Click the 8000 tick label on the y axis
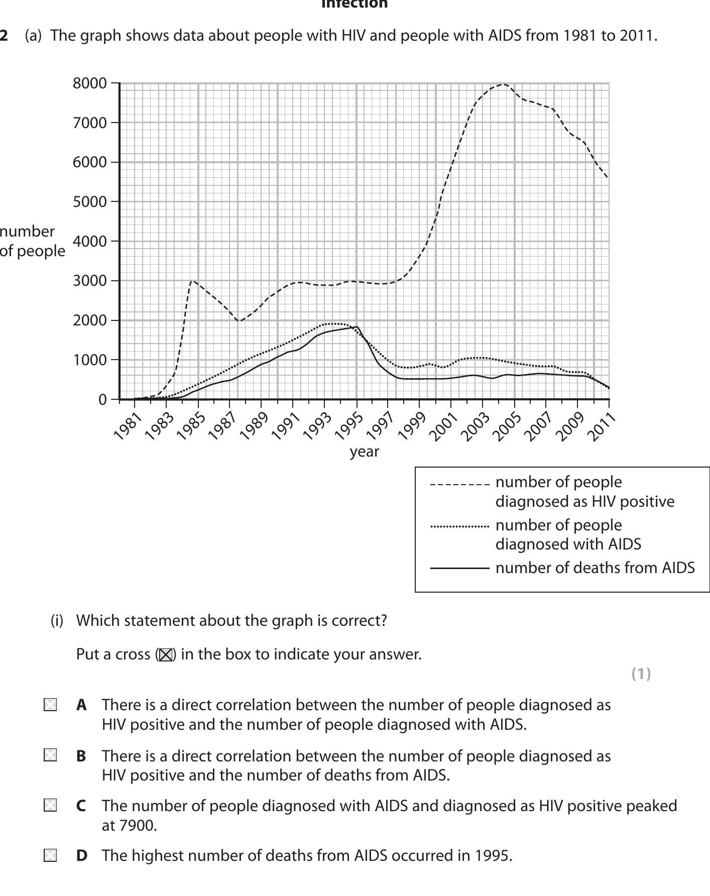[x=90, y=83]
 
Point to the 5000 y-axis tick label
[x=90, y=202]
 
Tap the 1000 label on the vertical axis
[x=90, y=360]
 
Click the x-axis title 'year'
[x=364, y=452]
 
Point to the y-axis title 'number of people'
[x=31, y=241]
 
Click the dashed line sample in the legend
[x=459, y=485]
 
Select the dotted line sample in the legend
[x=459, y=527]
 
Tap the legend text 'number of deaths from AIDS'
[x=595, y=568]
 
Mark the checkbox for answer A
[x=50, y=705]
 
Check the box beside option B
[x=50, y=755]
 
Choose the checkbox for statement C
[x=50, y=805]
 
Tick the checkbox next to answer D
[x=50, y=855]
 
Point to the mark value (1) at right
[x=641, y=674]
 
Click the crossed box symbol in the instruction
[x=165, y=655]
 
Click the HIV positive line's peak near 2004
[x=504, y=84]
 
